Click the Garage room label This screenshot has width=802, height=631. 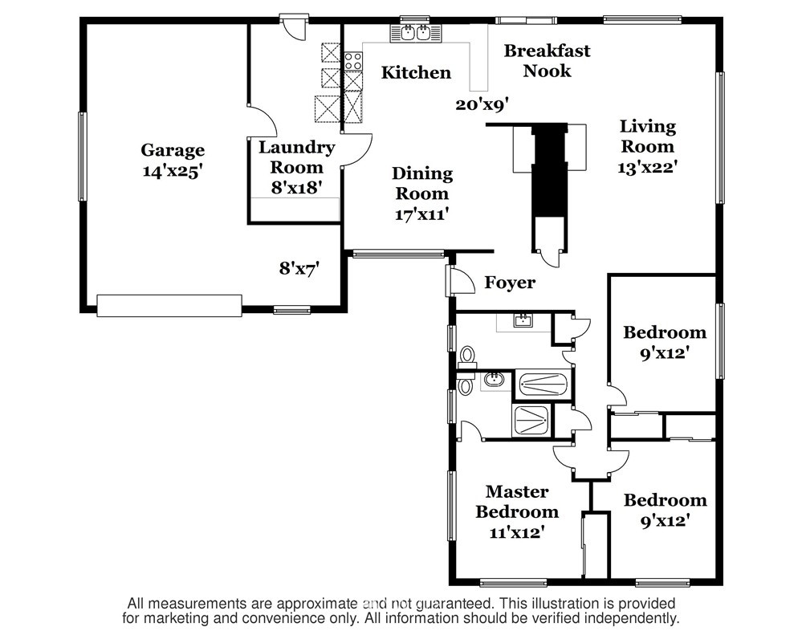(x=173, y=150)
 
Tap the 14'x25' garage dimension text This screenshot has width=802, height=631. (x=170, y=171)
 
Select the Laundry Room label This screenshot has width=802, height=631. (x=297, y=157)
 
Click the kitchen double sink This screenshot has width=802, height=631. (x=415, y=33)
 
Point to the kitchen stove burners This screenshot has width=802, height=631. (x=353, y=61)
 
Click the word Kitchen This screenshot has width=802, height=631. (x=417, y=72)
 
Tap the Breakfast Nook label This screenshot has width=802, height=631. (x=547, y=61)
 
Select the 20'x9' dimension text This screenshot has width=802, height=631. (x=482, y=105)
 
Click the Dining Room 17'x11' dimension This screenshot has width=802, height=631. (x=422, y=214)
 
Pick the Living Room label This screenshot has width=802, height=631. (x=648, y=136)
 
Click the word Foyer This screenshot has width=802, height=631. (x=510, y=283)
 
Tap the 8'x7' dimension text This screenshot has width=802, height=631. (x=299, y=268)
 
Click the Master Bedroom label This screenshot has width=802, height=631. (x=516, y=502)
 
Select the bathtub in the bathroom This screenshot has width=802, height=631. (x=543, y=384)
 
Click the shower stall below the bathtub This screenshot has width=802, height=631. (x=531, y=421)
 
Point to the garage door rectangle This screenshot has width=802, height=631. (x=169, y=305)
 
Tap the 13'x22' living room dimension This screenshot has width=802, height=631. (x=648, y=167)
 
